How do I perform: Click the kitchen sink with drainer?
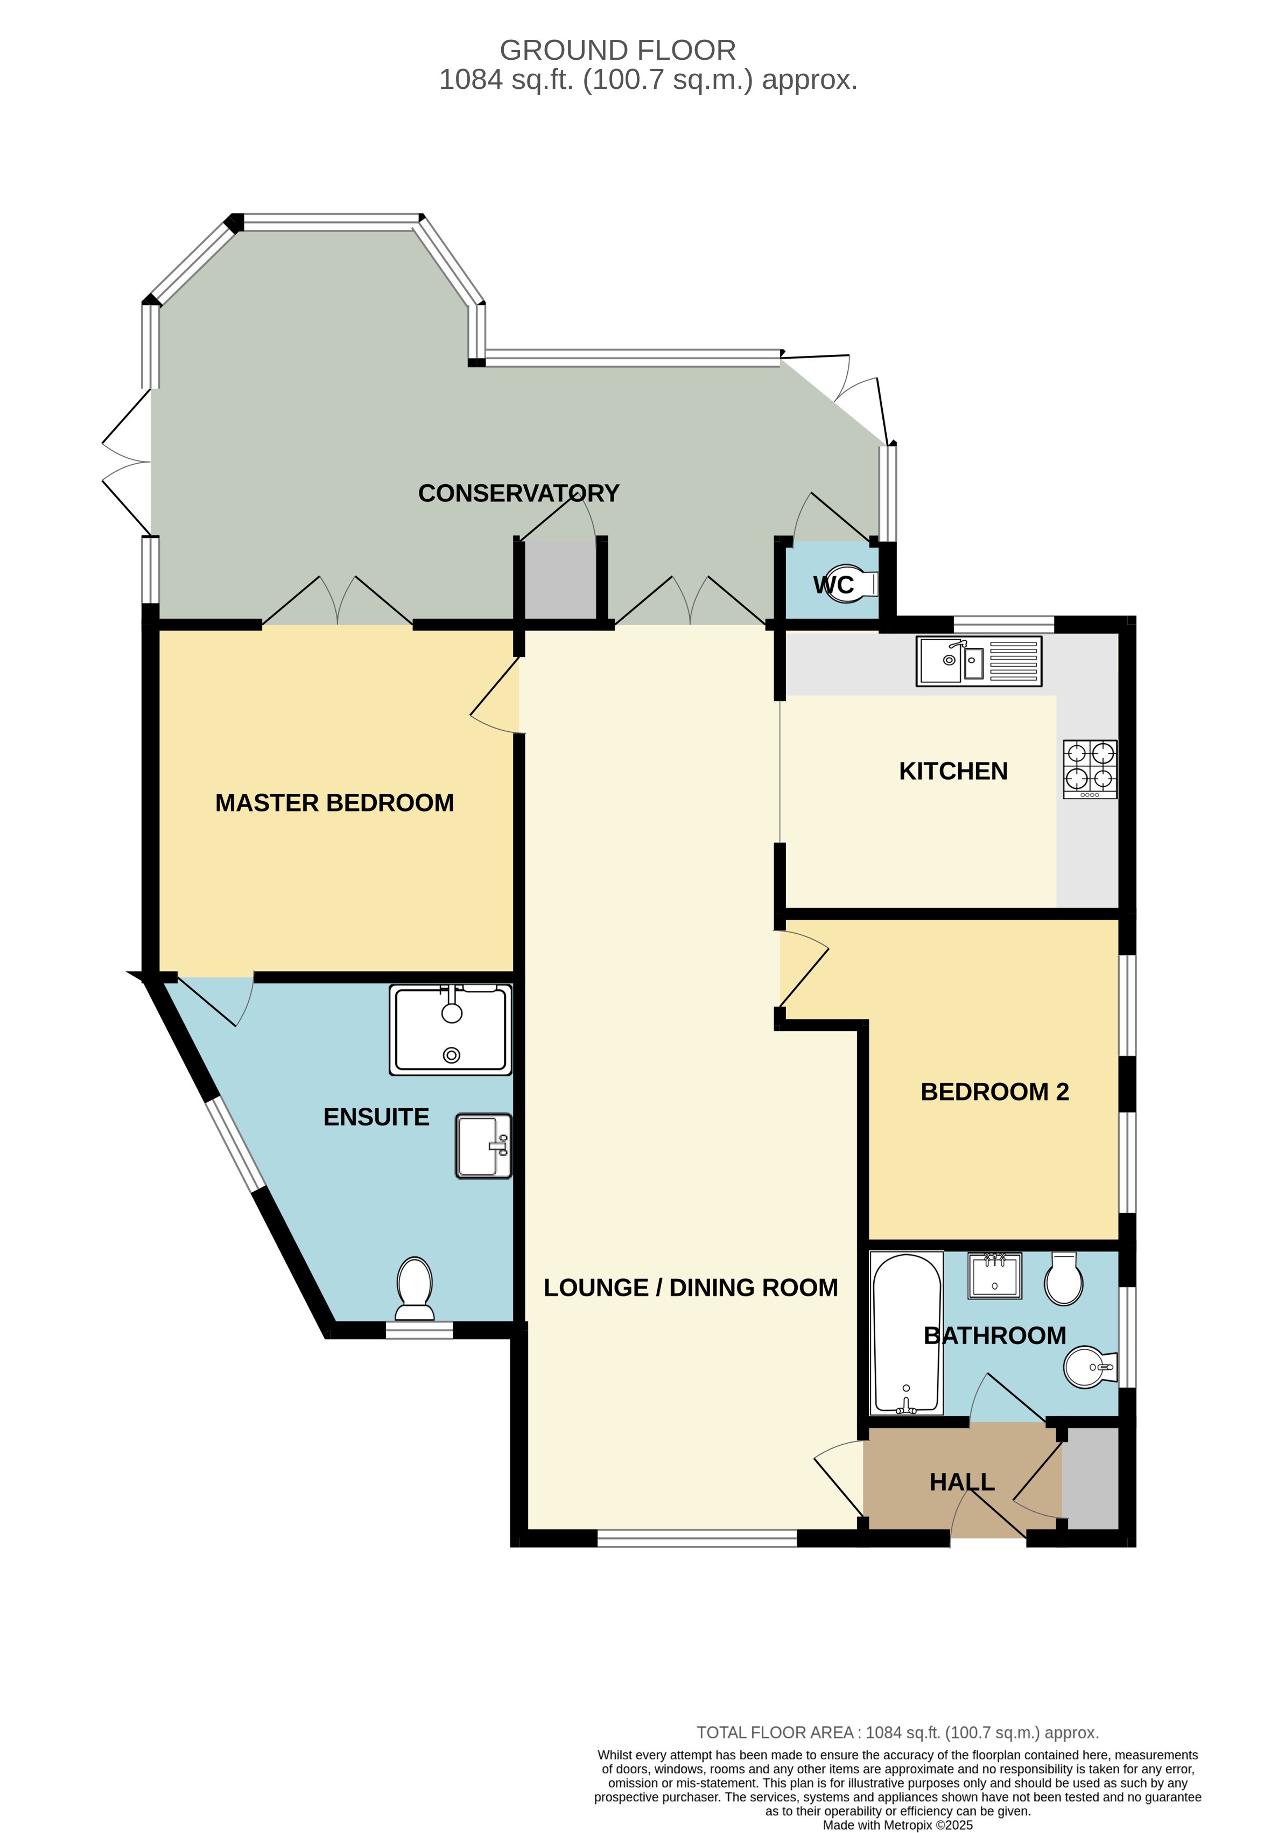(x=979, y=661)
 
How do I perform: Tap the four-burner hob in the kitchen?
(x=1090, y=769)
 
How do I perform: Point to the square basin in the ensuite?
(x=483, y=1146)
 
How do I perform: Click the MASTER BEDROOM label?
(x=334, y=803)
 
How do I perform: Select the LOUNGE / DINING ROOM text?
(x=691, y=1288)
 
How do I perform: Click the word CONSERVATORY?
(x=519, y=493)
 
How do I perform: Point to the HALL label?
(x=962, y=1482)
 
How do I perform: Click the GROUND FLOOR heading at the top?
(x=617, y=50)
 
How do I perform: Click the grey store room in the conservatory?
(x=560, y=579)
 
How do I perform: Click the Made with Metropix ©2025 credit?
(x=897, y=1824)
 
